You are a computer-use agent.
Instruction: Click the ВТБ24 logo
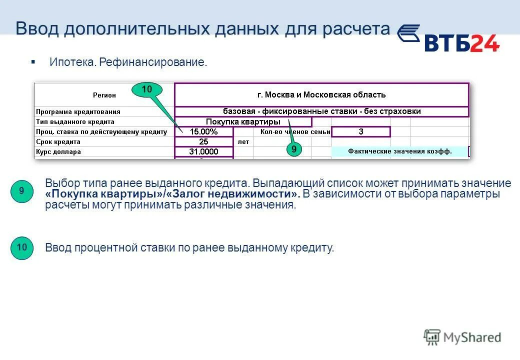448,40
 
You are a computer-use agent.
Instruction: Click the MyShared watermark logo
462,337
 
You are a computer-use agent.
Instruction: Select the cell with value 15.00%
203,132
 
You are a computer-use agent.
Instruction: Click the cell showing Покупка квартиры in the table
243,121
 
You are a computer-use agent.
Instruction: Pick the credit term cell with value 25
203,142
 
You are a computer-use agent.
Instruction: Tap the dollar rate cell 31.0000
203,152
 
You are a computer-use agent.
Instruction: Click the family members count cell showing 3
360,132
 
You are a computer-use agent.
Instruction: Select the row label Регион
104,95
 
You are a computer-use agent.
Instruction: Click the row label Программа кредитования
78,112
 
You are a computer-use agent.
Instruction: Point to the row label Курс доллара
58,152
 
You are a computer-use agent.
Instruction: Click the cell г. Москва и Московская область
321,95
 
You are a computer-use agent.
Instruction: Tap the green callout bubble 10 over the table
146,89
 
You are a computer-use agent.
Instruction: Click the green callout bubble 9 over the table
294,149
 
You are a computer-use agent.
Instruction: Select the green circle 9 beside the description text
21,191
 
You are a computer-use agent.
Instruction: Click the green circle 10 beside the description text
21,247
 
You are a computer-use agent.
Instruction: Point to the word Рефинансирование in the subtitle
153,63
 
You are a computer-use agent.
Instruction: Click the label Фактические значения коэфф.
399,151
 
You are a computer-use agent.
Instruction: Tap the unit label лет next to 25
243,142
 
